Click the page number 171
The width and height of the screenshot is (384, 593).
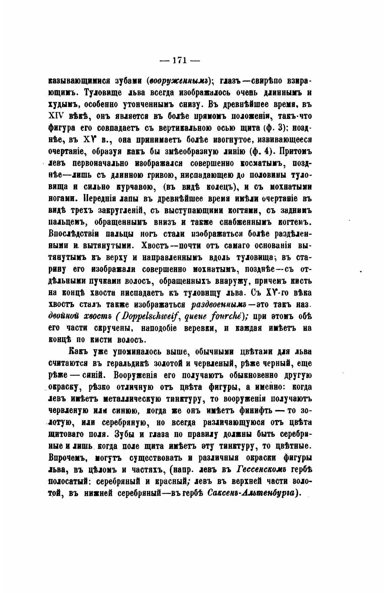179,60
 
